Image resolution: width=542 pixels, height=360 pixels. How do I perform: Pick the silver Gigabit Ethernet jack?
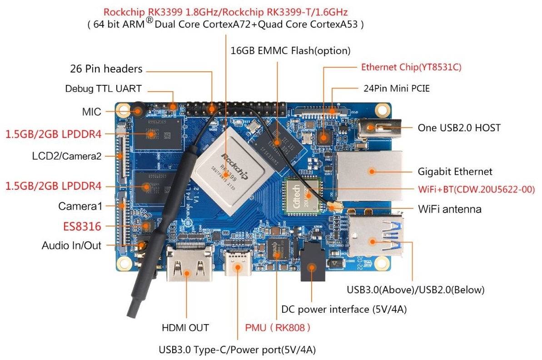369,175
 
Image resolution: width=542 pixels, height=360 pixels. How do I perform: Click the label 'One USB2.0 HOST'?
459,128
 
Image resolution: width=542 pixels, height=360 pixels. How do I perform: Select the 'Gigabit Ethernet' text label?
455,172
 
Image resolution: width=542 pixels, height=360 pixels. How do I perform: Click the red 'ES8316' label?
82,226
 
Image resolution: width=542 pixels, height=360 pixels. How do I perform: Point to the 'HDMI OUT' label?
185,327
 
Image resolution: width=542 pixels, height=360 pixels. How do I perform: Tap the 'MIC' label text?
91,111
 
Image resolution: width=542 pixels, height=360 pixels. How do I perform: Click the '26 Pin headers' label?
106,69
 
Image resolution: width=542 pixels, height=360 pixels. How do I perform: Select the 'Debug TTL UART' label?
103,89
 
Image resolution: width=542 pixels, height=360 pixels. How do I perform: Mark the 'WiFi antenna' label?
449,209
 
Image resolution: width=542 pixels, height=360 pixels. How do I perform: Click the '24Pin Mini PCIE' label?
397,89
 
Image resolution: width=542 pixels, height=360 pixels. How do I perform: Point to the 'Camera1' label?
80,206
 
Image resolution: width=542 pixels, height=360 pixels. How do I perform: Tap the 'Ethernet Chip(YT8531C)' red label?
411,68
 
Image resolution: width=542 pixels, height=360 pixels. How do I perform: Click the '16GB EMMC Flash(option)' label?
291,50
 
